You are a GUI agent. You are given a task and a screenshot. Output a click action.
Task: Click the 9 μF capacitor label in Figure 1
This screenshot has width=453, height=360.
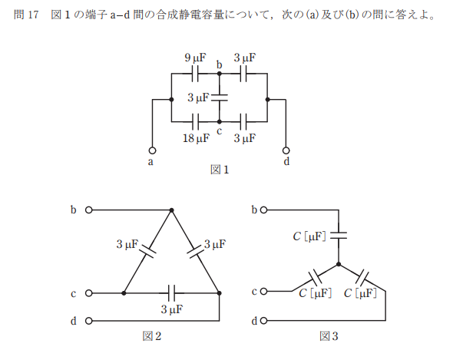point(195,58)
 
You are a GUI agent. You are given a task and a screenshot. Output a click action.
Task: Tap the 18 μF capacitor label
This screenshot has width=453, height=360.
point(196,138)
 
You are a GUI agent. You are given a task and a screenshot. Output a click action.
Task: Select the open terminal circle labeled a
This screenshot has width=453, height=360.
point(152,150)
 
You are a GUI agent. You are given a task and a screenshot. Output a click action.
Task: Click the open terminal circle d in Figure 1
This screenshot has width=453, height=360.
point(286,150)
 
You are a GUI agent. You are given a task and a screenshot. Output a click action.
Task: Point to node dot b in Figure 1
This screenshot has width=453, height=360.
point(220,74)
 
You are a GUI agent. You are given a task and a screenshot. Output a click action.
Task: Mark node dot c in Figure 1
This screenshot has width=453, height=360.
point(220,121)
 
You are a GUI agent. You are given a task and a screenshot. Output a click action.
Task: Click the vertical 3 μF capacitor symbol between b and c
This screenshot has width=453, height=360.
point(220,97)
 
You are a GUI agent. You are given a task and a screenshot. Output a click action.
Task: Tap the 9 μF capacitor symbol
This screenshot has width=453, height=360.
point(195,74)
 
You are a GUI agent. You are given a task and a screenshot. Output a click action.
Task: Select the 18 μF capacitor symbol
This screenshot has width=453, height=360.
point(195,121)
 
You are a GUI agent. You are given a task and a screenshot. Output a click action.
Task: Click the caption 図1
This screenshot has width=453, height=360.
point(220,170)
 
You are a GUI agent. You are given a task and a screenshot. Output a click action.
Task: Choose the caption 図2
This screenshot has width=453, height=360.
point(152,336)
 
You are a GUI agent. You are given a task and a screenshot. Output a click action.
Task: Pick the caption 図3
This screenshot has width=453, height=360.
point(329,336)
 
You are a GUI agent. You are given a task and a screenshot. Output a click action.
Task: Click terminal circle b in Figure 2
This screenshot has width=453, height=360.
point(89,210)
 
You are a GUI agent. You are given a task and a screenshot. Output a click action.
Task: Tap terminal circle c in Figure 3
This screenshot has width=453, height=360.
point(263,291)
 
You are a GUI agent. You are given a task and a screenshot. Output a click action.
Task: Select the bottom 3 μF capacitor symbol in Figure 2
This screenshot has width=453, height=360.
point(172,293)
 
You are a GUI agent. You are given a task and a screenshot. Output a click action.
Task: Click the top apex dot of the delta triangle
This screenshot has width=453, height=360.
point(172,210)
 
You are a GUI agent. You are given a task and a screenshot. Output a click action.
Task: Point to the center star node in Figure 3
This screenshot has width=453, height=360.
point(339,264)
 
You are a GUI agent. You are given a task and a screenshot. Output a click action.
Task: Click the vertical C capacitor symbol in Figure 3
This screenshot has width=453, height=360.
point(339,236)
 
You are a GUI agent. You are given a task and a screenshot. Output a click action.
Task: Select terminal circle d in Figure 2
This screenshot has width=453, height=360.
point(89,321)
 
